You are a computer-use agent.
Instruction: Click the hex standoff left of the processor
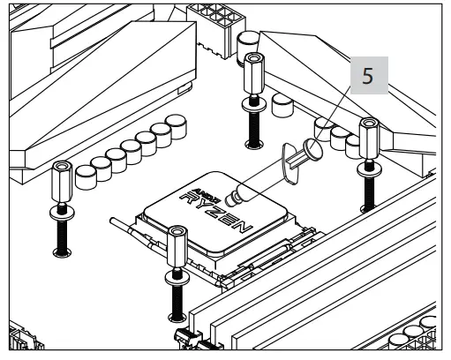point(61,182)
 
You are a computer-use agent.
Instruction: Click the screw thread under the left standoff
point(62,234)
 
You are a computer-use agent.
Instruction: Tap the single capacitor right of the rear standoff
point(282,106)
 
